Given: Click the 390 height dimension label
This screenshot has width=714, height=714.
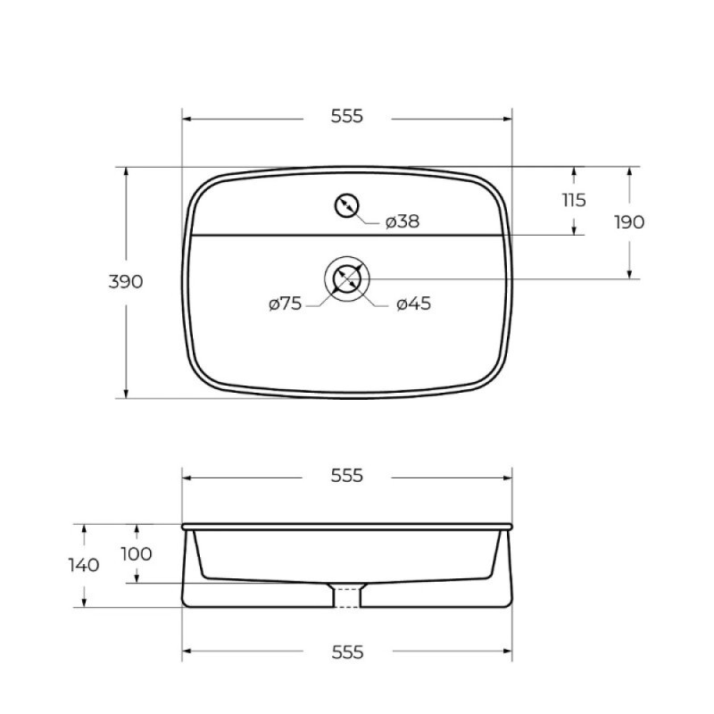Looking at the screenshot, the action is click(126, 282).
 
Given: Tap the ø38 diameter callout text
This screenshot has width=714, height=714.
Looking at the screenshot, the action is click(403, 221).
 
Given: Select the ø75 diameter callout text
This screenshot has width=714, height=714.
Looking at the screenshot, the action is click(286, 303).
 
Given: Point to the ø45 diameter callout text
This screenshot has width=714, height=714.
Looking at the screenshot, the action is click(413, 303).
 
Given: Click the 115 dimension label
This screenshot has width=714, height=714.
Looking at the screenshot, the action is click(574, 200).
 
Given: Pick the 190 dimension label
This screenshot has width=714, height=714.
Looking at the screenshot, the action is click(629, 222).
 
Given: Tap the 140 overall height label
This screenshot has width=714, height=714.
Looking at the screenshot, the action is click(84, 565).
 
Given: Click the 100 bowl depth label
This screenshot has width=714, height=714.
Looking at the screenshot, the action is click(137, 554).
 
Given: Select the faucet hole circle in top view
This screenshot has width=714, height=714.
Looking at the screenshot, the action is click(346, 205).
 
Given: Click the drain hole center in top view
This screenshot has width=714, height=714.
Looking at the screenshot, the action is click(346, 278).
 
